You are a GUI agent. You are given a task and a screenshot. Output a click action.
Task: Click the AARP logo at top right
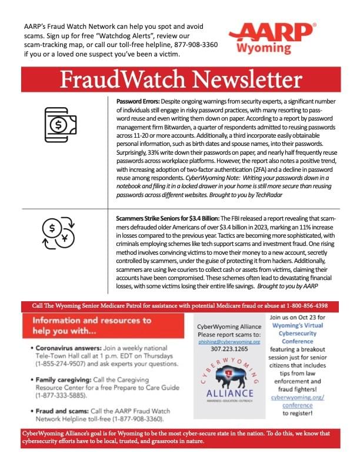pyautogui.click(x=272, y=32)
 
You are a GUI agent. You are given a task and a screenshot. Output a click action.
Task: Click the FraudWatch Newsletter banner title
pyautogui.click(x=181, y=79)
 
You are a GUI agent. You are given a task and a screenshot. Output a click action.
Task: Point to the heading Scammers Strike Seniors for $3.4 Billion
pyautogui.click(x=167, y=217)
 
